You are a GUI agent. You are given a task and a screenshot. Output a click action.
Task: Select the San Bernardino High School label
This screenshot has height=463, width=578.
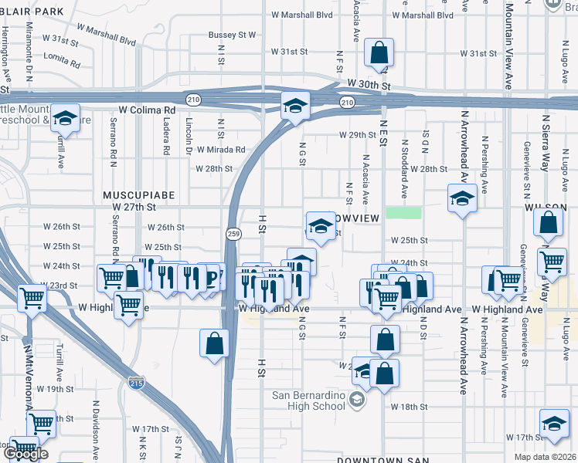pyautogui.click(x=308, y=400)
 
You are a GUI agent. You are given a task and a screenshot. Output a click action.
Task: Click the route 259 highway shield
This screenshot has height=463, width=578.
pyautogui.click(x=232, y=232)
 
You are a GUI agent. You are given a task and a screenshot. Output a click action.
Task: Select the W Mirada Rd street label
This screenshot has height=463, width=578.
pyautogui.click(x=221, y=150)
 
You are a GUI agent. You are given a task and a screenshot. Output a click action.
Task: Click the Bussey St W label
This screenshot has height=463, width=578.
pyautogui.click(x=232, y=35)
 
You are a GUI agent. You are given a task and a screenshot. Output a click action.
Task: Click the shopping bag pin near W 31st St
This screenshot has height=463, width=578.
pyautogui.click(x=379, y=53)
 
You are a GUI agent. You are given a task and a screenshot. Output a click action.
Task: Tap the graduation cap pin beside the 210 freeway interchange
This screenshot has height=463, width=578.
pyautogui.click(x=294, y=106)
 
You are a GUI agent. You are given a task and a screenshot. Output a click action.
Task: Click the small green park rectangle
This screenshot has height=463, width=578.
pyautogui.click(x=404, y=213)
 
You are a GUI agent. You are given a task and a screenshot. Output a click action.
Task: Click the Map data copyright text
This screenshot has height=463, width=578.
pyautogui.click(x=545, y=457)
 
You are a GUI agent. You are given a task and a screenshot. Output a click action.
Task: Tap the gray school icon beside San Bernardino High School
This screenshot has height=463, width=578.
pyautogui.click(x=356, y=400)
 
